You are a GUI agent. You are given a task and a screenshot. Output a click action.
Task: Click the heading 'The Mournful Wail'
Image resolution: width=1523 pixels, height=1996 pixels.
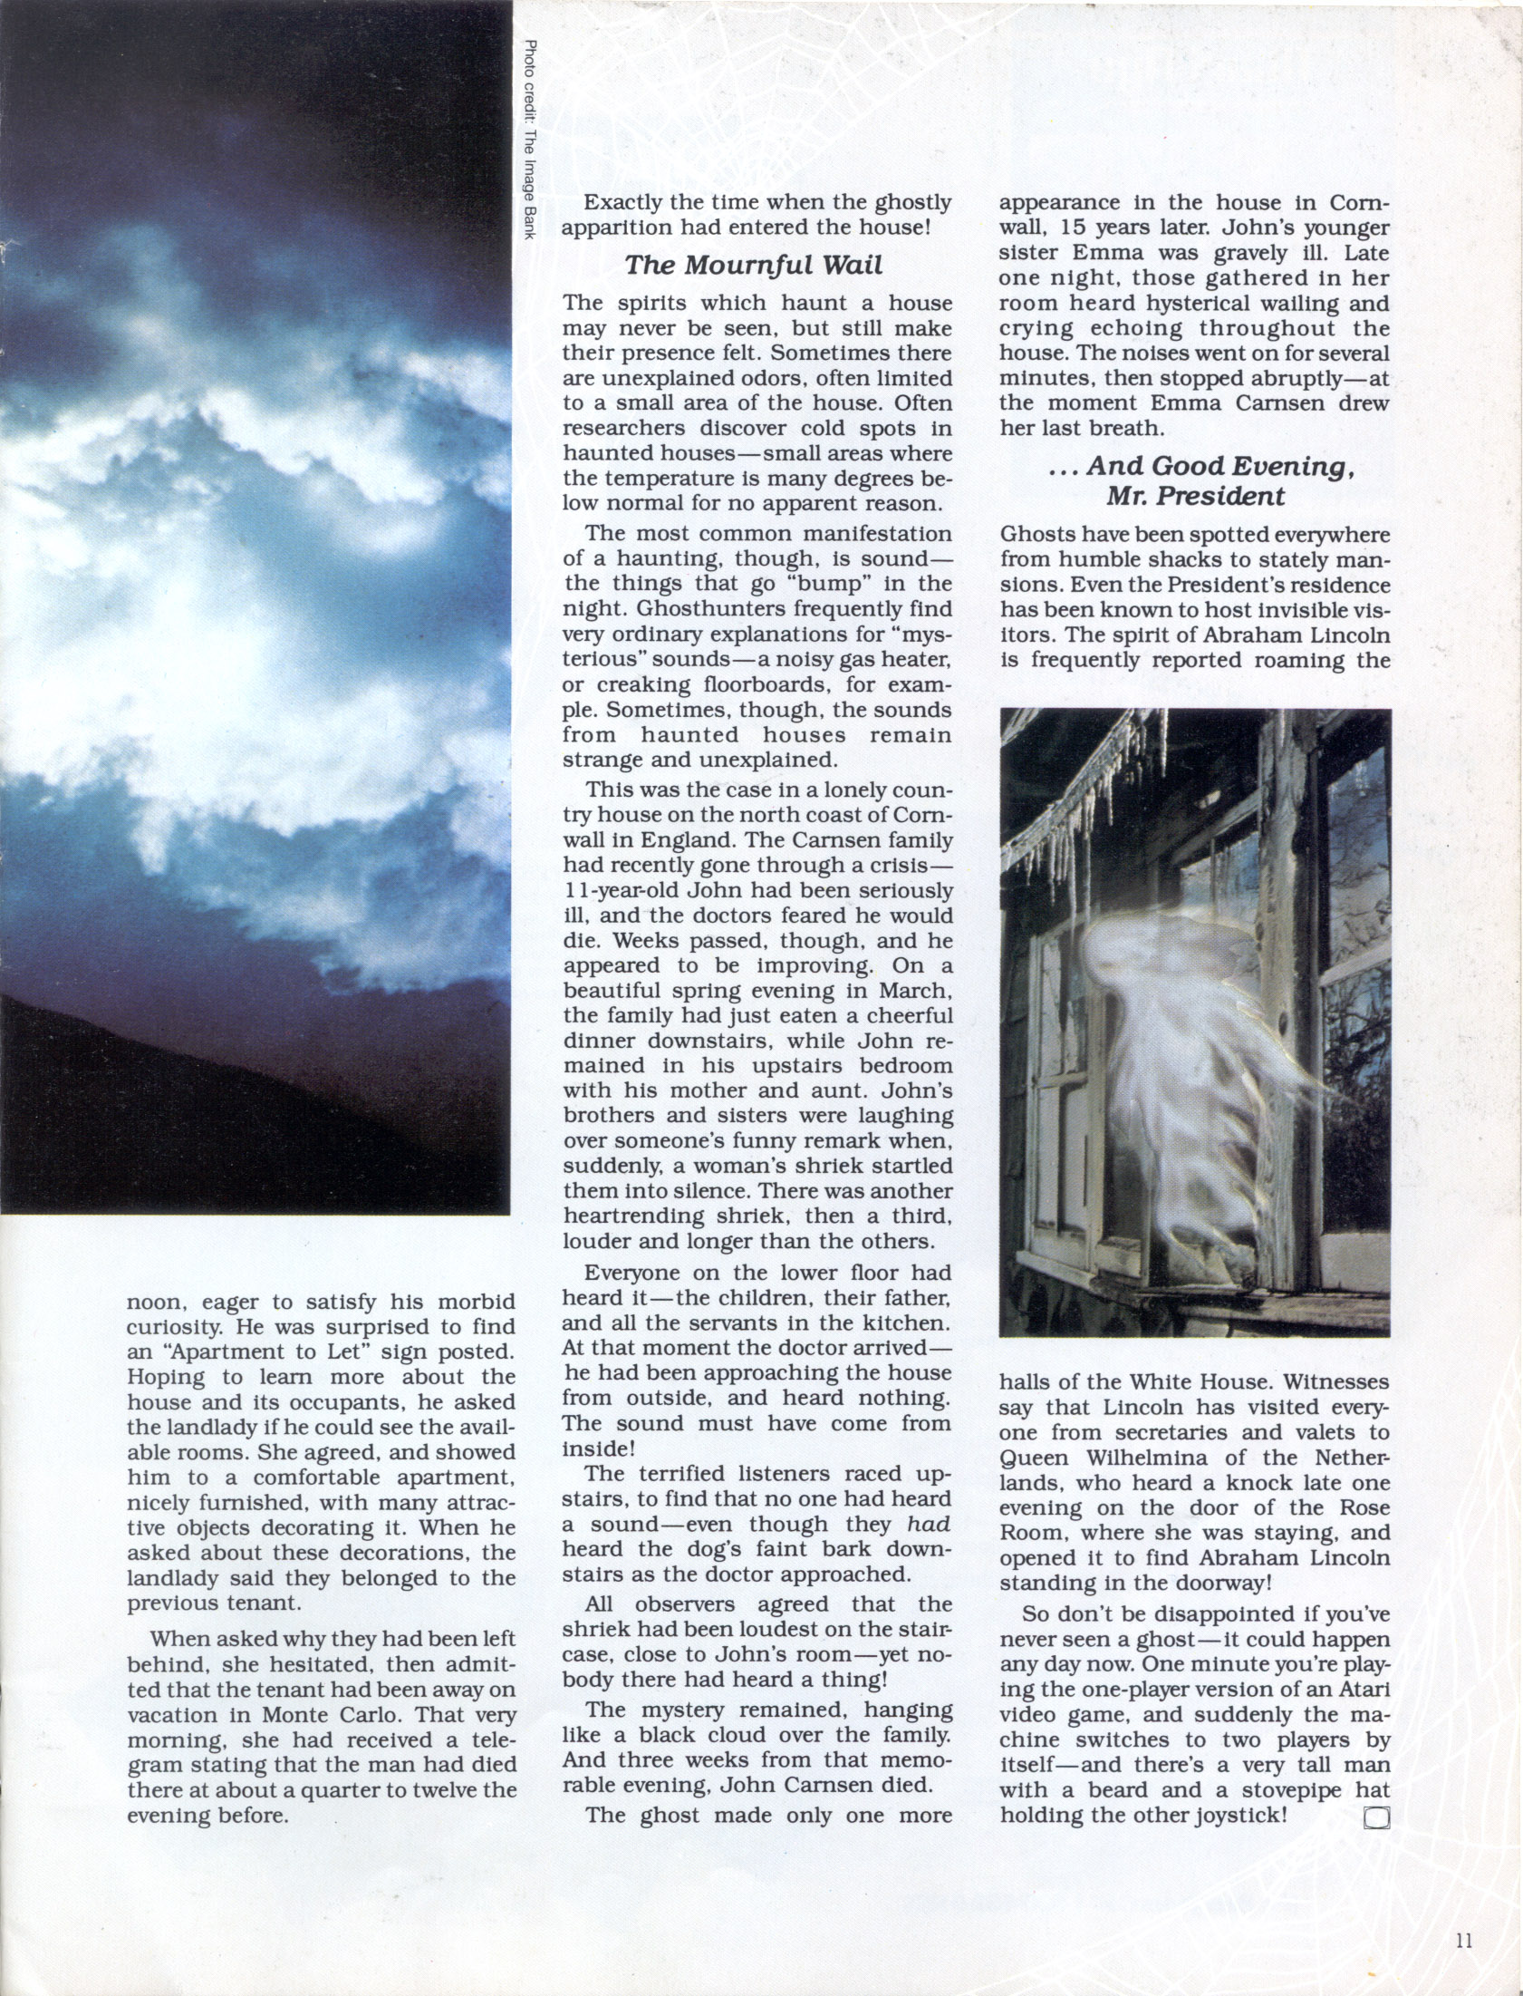click(752, 265)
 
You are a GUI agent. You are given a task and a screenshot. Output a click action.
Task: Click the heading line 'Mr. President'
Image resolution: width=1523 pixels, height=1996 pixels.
click(1194, 496)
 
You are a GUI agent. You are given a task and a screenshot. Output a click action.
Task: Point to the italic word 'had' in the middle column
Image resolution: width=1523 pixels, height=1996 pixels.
click(930, 1524)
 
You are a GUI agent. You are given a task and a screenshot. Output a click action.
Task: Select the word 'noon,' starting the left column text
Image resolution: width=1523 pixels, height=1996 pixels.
click(155, 1303)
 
